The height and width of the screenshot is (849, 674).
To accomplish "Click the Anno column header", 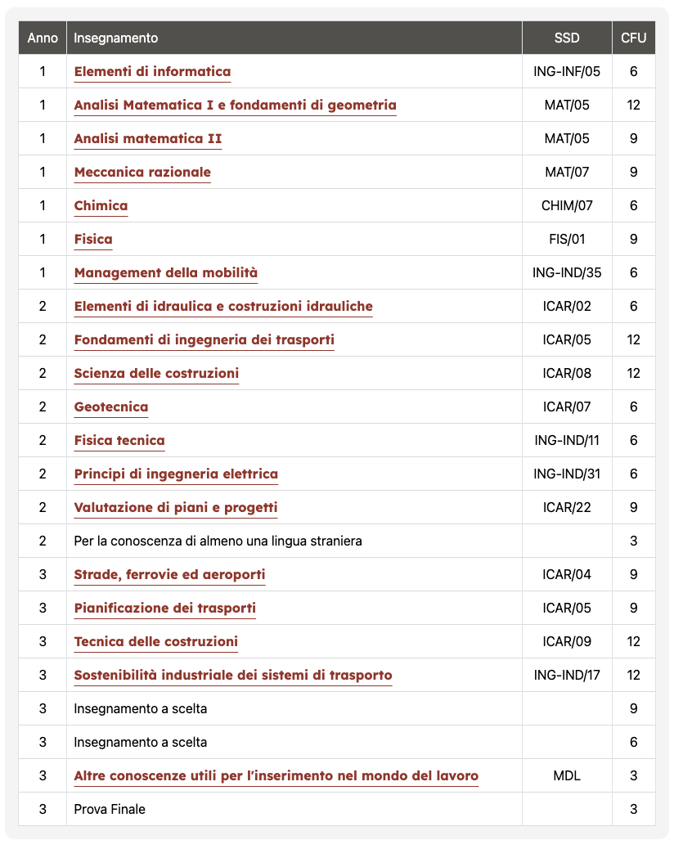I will coord(43,38).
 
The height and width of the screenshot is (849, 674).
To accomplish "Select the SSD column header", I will coord(566,38).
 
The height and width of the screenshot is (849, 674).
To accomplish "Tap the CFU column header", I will coord(633,38).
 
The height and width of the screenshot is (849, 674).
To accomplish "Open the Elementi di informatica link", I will coord(152,72).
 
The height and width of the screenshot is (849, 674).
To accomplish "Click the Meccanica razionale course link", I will coord(142,173).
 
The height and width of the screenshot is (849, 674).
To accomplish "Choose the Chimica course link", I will coord(101,206).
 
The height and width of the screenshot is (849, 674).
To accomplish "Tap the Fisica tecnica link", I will coord(119,441).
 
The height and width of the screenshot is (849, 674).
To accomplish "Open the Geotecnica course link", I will coord(111,407).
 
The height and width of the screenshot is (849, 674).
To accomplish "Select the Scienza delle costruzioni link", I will coord(156,374).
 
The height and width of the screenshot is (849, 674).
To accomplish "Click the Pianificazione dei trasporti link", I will coord(164,609).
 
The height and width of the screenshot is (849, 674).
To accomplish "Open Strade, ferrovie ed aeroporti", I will coord(169,575).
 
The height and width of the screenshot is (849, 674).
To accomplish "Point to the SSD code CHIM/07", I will coord(567,206).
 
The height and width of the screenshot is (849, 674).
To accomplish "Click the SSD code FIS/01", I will coord(567,240).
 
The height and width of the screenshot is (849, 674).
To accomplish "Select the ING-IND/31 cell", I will coord(567,474).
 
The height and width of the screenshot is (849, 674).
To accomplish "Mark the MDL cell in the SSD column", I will coord(567,776).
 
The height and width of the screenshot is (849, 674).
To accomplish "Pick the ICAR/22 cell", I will coord(567,508).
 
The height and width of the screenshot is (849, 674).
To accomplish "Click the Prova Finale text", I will coord(110,810).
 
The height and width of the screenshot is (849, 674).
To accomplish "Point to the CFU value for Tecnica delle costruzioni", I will coord(633,642).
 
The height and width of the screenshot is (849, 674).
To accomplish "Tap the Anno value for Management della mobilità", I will coord(43,273).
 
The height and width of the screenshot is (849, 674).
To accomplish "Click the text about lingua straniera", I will coord(218,541).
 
